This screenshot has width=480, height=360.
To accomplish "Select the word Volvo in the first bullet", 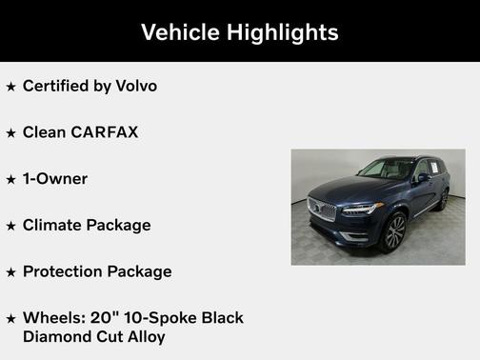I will tap(135, 86).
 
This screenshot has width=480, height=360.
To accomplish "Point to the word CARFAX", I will tap(105, 131).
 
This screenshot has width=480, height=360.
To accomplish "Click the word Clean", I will tap(45, 131).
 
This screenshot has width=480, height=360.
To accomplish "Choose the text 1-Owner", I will tap(55, 178).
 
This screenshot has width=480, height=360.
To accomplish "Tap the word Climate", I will tap(52, 225).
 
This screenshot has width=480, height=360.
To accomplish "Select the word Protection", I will tap(63, 271).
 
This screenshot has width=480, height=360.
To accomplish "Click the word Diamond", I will tap(55, 336).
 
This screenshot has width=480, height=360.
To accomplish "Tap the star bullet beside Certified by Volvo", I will tap(11, 87).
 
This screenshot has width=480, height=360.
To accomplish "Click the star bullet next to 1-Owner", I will tap(11, 179).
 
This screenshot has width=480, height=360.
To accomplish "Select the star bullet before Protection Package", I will tap(11, 272).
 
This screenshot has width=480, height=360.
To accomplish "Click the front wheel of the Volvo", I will tap(392, 232).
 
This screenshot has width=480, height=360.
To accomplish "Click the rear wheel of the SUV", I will tap(444, 199).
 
